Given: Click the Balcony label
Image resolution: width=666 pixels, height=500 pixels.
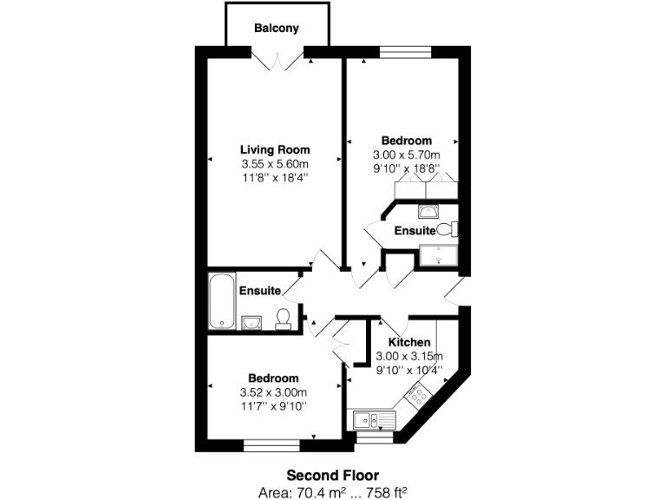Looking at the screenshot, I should point(277,28).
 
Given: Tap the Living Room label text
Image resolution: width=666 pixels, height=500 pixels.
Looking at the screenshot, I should point(275,149).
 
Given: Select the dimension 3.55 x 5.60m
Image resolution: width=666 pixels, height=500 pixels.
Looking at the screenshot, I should point(275,163).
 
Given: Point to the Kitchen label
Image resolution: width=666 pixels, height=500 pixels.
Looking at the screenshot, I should point(409,342).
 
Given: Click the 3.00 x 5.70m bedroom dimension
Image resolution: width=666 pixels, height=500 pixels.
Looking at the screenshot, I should point(408,155).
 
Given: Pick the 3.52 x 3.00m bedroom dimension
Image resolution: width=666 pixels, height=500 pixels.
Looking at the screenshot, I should point(273,392).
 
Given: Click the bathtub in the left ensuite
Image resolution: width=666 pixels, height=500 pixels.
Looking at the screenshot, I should point(221,300).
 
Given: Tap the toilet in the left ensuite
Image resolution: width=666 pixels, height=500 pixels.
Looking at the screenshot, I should point(282,319).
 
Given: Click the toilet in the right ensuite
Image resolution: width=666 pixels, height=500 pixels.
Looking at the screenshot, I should point(447,230).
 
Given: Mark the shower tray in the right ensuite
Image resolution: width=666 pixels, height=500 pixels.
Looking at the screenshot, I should point(439,254).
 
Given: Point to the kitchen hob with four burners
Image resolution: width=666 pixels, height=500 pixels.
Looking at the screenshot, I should point(416,395).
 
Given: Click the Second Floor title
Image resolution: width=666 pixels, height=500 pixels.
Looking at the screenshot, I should point(332,475).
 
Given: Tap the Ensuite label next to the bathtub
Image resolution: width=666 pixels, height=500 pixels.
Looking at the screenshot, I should point(259,290).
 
